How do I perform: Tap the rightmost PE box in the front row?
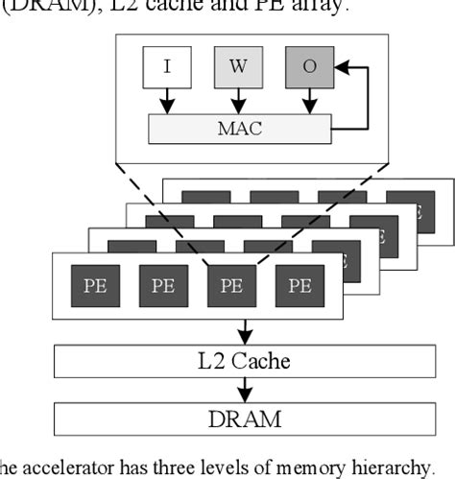(299, 286)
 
